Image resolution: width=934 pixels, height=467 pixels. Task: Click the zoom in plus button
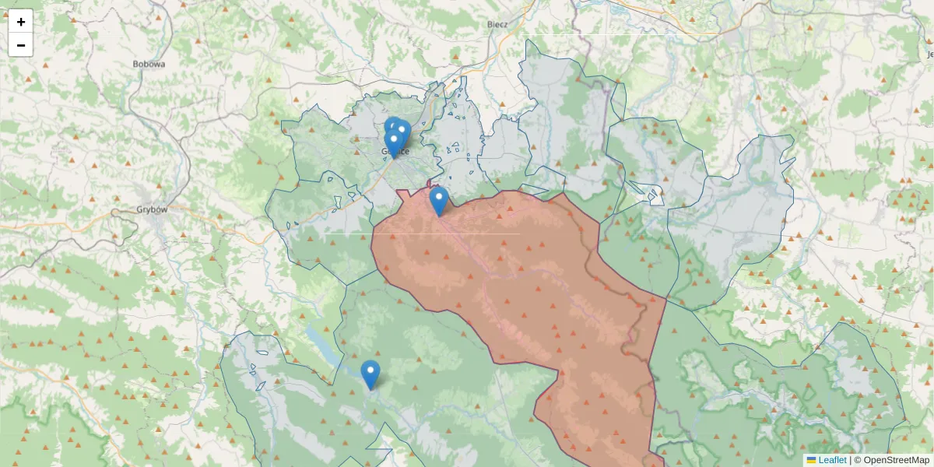(21, 22)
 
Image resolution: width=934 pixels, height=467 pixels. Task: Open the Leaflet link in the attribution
(832, 460)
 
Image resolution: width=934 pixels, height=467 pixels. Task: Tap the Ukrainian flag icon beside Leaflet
(811, 460)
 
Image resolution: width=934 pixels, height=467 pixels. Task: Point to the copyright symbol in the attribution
(858, 460)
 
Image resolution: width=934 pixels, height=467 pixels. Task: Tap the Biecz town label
(497, 24)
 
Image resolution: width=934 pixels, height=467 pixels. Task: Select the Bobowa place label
(149, 65)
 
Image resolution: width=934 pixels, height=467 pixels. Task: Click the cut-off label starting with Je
(929, 54)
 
